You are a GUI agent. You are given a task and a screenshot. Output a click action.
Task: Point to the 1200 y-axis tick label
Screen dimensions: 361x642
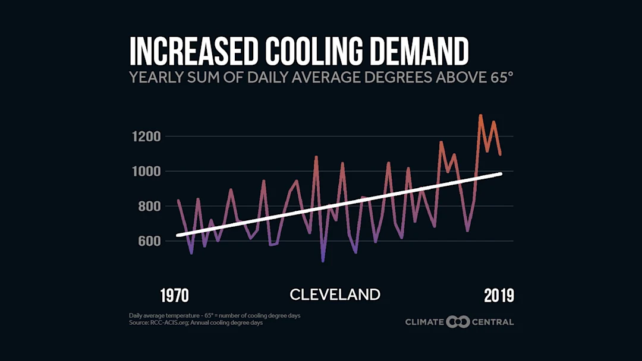click(x=146, y=137)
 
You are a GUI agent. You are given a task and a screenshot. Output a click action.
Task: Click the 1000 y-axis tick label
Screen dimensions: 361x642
click(x=146, y=172)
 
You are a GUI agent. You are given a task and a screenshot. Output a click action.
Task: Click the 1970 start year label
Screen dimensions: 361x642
click(x=175, y=295)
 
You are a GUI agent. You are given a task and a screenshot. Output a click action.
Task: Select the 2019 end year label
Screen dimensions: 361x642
click(x=498, y=295)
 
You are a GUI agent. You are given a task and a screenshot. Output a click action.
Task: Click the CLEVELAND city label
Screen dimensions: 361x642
click(x=335, y=294)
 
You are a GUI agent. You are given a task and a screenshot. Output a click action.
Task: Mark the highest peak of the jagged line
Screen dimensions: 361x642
click(x=480, y=115)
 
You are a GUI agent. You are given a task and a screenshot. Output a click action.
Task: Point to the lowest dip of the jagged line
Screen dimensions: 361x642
click(x=323, y=261)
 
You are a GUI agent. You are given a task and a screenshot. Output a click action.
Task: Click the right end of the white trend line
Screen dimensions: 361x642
click(x=501, y=173)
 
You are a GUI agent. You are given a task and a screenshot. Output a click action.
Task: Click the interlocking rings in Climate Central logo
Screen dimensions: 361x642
click(x=458, y=322)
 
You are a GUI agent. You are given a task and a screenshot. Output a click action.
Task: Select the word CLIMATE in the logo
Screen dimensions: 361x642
click(x=424, y=322)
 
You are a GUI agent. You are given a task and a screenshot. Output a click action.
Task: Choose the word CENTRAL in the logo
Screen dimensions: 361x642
click(x=492, y=322)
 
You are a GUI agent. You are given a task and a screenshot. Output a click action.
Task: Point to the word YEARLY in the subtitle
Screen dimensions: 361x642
click(x=154, y=78)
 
